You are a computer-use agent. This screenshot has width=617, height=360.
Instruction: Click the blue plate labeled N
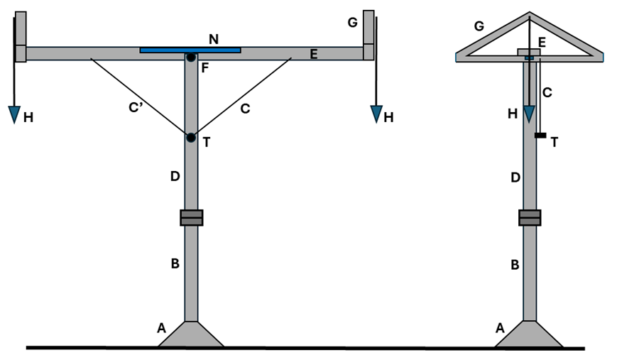tap(190, 50)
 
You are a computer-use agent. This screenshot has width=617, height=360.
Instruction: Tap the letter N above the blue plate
tap(213, 38)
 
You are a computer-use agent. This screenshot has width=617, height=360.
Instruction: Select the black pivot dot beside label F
tap(191, 58)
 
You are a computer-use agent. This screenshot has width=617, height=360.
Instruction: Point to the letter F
tap(204, 69)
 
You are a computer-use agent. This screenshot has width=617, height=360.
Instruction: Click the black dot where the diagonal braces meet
tap(190, 137)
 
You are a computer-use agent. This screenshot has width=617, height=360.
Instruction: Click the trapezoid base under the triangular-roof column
tap(528, 334)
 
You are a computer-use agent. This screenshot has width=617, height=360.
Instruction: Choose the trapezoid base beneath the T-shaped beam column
tap(191, 334)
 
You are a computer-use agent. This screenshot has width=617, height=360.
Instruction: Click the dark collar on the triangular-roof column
tap(529, 217)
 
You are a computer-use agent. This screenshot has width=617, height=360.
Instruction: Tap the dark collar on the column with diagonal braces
tap(191, 217)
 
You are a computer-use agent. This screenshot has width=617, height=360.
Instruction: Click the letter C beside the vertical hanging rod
tap(547, 92)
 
